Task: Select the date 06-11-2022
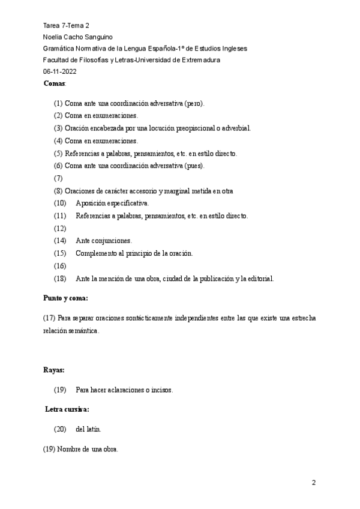59,71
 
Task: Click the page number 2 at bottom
313,483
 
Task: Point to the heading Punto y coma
66,298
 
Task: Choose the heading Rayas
53,370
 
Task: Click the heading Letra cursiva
68,409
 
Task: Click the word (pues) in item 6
194,166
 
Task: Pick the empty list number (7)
58,178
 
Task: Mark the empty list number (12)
59,228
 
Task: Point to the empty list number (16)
59,265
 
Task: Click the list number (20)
60,429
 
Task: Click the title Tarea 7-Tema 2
66,26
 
